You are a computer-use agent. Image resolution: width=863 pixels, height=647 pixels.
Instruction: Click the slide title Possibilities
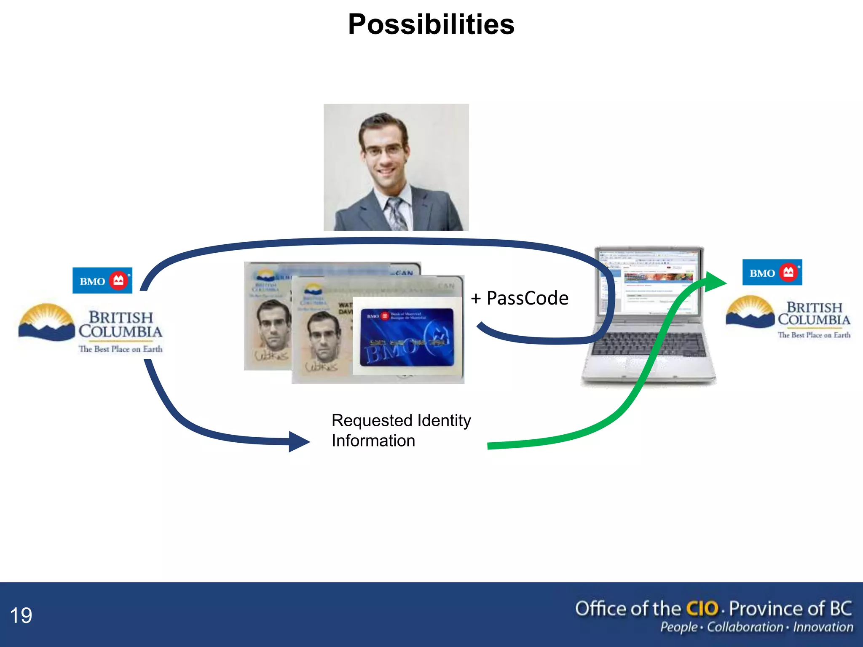point(431,24)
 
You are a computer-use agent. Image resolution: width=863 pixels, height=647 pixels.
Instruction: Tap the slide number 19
point(21,615)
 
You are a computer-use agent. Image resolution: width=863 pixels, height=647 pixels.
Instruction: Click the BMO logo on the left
point(102,281)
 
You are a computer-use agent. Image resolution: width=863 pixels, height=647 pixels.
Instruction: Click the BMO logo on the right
point(772,273)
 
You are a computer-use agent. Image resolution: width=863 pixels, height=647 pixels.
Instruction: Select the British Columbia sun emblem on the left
point(46,322)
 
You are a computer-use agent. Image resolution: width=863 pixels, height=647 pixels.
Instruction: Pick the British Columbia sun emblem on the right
point(750,312)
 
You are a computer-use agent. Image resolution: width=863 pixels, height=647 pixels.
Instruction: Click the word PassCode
point(527,298)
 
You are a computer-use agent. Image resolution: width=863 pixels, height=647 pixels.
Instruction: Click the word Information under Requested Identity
point(373,441)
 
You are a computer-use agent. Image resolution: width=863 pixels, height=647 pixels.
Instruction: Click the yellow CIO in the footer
point(702,609)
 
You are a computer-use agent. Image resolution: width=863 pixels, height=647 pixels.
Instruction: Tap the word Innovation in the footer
point(823,627)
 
